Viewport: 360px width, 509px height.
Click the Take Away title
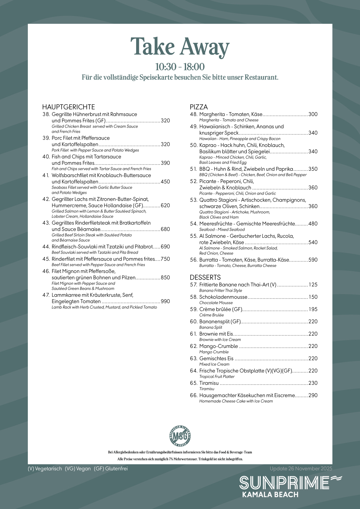pos(180,47)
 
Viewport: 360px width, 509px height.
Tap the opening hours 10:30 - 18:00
pos(180,67)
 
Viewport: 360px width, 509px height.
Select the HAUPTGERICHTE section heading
pos(69,107)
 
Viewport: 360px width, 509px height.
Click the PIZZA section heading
pos(199,107)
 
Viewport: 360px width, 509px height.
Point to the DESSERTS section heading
pos(205,277)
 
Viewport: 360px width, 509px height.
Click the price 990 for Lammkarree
pos(165,301)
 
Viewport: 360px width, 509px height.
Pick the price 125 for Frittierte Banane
pos(313,285)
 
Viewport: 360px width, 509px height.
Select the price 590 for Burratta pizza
pos(313,260)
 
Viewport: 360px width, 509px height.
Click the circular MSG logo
pos(180,436)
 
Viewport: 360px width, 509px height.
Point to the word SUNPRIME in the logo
pos(284,483)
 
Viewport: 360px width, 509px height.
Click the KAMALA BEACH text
pos(270,495)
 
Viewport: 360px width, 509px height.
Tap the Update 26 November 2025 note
pos(301,468)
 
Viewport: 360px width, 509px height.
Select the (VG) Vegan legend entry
pos(78,468)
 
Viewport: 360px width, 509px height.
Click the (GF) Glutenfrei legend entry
pos(111,468)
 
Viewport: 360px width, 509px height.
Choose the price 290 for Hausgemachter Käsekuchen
pos(313,395)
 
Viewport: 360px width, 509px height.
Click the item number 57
pos(194,285)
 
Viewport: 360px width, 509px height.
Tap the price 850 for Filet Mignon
pos(165,277)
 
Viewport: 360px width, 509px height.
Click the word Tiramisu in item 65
pos(209,383)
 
